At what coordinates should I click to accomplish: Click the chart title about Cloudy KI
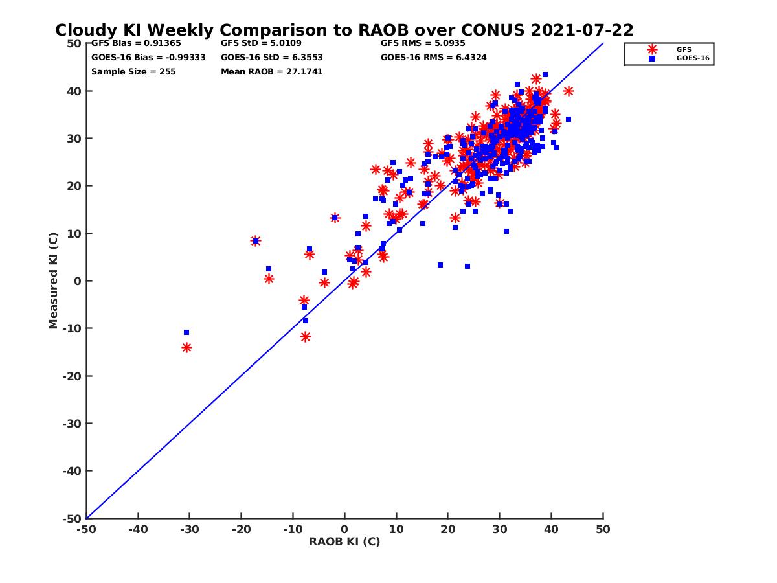click(344, 30)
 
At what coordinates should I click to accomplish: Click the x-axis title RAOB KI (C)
click(344, 542)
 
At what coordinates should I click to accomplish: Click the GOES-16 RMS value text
click(433, 58)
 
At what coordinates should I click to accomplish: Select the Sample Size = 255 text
click(133, 72)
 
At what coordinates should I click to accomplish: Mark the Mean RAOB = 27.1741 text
click(271, 72)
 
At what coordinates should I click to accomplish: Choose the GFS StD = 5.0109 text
click(261, 43)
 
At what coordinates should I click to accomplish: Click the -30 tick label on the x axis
click(189, 529)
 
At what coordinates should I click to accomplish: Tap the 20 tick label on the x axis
click(448, 529)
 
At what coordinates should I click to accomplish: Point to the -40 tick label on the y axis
click(72, 471)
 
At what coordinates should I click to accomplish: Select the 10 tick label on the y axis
click(75, 233)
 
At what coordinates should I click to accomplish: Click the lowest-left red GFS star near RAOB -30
click(186, 348)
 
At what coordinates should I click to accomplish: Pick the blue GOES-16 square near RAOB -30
click(186, 332)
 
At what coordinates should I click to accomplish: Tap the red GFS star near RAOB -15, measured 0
click(269, 279)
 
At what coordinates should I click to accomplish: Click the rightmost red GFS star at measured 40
click(569, 91)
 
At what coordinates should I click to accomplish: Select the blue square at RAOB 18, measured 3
click(440, 265)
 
